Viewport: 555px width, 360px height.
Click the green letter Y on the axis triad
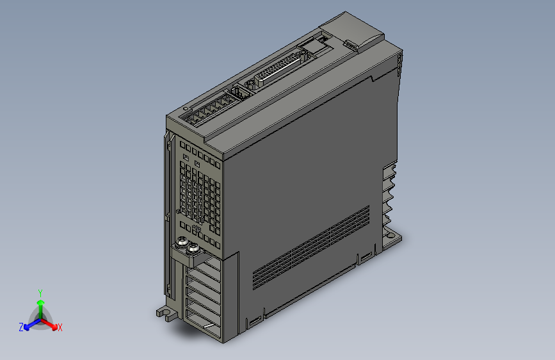40,291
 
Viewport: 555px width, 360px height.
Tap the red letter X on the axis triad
60,327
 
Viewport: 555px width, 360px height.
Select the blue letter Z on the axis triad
20,327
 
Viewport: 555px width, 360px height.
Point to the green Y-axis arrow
40,303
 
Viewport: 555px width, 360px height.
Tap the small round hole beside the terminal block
184,109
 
